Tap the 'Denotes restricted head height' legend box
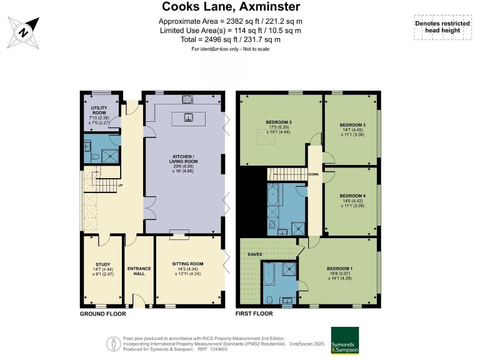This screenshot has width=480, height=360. point(442,27)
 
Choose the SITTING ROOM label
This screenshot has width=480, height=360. point(189,264)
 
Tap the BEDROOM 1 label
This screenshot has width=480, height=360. point(337,269)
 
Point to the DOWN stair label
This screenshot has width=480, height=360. point(313,174)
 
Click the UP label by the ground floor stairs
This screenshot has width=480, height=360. point(120,186)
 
